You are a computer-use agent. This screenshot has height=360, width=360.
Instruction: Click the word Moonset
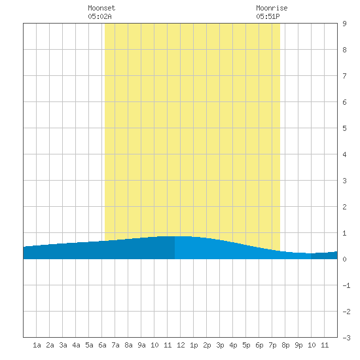(101, 8)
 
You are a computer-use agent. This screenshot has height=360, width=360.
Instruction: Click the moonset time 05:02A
(99, 16)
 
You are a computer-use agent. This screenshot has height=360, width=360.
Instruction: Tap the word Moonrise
(272, 8)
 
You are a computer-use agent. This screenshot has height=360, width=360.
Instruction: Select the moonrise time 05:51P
(268, 16)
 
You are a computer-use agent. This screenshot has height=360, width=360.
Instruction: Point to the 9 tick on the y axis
(344, 24)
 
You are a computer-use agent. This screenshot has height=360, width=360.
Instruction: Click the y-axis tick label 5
(344, 128)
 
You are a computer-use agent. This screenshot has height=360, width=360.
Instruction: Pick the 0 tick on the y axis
(344, 259)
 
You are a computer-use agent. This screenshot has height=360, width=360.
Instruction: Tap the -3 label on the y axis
(346, 338)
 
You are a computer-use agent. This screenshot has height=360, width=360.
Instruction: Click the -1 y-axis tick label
(346, 285)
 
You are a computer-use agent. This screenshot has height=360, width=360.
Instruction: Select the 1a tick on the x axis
(37, 345)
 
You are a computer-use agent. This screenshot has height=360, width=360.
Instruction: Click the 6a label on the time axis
(102, 345)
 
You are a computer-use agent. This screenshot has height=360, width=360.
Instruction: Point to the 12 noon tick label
(181, 345)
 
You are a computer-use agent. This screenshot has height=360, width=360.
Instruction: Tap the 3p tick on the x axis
(220, 345)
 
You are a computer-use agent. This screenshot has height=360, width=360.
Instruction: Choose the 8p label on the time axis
(285, 345)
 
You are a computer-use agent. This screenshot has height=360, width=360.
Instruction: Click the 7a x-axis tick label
(115, 345)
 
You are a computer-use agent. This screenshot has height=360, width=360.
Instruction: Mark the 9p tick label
(298, 345)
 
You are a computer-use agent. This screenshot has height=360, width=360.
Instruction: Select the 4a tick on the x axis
(76, 345)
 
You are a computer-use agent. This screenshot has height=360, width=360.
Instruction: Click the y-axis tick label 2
(344, 207)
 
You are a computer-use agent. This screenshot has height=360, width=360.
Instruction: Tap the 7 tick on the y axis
(344, 76)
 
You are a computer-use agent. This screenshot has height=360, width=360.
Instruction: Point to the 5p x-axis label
(246, 345)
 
